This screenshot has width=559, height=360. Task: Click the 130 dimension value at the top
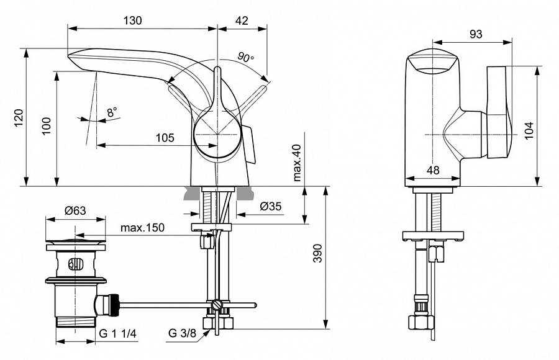(132, 20)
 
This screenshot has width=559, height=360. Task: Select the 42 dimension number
(242, 20)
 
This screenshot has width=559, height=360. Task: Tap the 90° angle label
(246, 58)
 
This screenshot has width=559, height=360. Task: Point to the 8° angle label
(112, 112)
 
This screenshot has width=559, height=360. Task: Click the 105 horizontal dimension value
(165, 138)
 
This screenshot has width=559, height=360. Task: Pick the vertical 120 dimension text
(19, 117)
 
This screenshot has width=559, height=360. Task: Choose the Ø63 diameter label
(75, 210)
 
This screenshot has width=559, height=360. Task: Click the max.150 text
(143, 228)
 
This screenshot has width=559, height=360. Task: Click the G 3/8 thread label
(181, 333)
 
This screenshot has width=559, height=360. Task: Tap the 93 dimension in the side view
(476, 34)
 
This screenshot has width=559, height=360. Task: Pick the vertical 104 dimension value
(529, 128)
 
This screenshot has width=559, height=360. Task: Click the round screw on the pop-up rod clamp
(216, 305)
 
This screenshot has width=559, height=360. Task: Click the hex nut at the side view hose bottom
(420, 323)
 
